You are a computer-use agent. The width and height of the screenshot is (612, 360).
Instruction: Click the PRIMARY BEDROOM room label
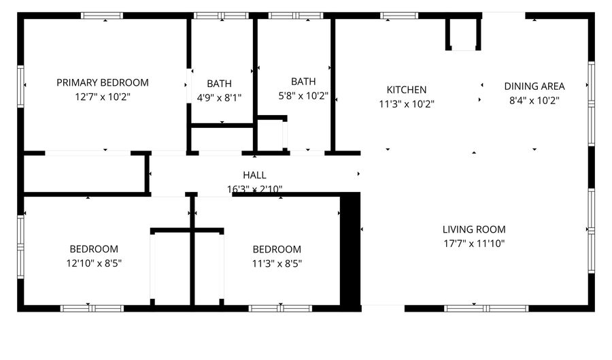point(102,83)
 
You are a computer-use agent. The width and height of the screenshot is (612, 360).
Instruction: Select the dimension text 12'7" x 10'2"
point(102,97)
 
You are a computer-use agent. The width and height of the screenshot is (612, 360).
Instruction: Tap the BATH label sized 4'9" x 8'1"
point(219,84)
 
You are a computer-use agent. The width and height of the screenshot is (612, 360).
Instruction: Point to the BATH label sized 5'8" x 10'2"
point(303,82)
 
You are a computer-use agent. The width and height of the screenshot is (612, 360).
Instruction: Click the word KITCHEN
point(407,90)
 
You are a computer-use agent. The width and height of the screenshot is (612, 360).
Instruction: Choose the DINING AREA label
point(534,86)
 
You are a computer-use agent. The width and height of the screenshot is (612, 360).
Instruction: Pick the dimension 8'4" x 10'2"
point(534,101)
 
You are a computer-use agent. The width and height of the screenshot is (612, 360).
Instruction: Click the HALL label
point(254,176)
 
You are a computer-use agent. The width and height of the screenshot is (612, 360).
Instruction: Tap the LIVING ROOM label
point(474,230)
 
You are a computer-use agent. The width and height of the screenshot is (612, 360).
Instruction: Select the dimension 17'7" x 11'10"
point(474,244)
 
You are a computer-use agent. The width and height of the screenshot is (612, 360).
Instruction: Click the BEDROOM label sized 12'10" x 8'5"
point(94,249)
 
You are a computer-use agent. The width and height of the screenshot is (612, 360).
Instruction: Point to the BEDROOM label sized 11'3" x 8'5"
point(277,249)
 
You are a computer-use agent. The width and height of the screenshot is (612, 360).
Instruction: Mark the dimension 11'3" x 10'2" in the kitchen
point(407,104)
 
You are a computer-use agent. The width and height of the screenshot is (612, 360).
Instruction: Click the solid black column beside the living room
point(350,249)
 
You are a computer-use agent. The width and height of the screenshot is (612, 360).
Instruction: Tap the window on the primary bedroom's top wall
point(102,15)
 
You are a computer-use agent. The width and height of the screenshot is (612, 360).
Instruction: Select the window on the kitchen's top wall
point(399,15)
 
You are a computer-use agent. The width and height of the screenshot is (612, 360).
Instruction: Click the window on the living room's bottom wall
point(486,308)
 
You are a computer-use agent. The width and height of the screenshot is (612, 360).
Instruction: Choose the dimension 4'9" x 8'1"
point(219,98)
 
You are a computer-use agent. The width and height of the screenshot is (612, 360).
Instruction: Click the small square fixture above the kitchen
point(463,34)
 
